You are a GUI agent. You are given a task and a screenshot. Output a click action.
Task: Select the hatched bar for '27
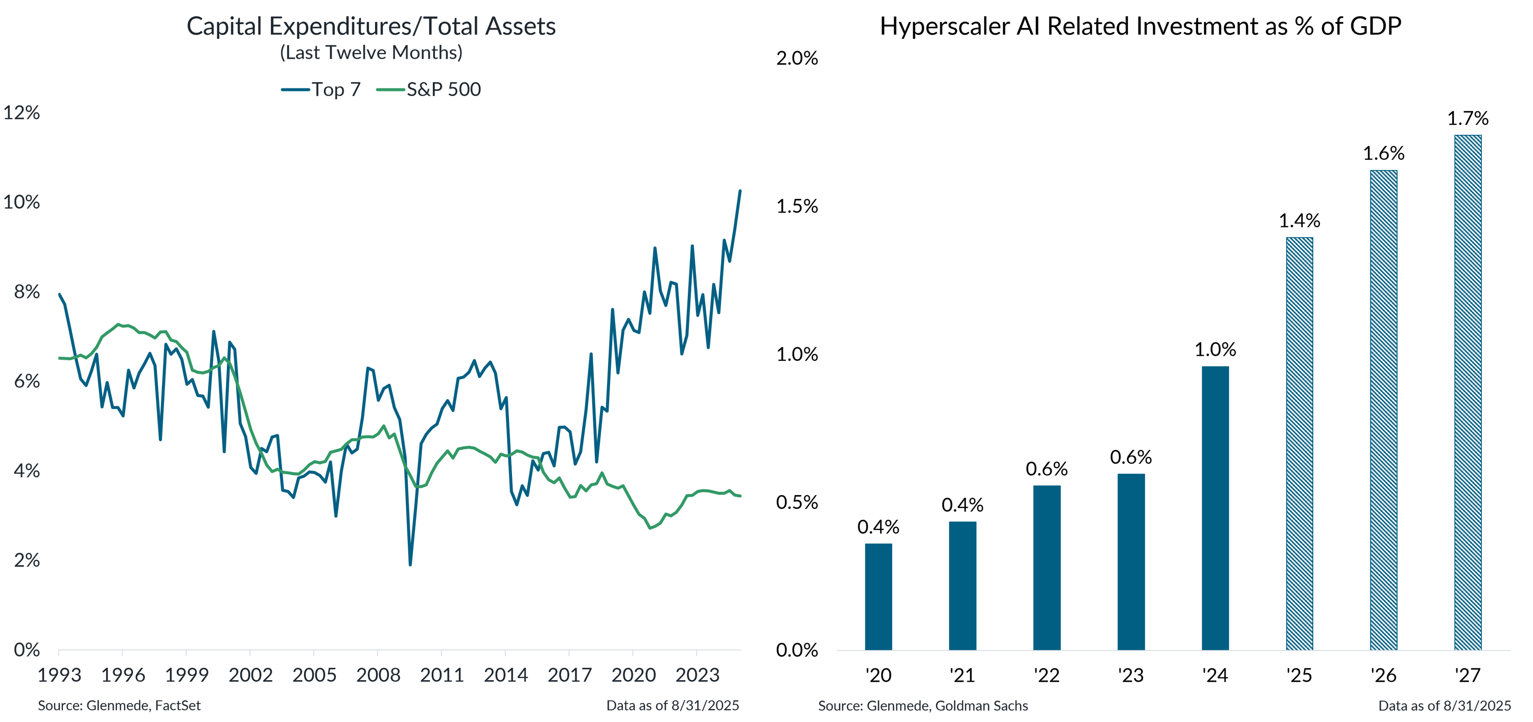coord(1468,393)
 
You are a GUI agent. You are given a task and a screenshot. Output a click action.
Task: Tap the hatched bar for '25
coord(1299,444)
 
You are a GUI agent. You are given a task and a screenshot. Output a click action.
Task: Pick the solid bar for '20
coord(878,596)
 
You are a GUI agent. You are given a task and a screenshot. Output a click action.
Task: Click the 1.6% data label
coord(1384,154)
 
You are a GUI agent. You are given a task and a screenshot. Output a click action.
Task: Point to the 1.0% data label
coord(1215,350)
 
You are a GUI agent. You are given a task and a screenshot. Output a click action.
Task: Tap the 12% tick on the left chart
coord(21,112)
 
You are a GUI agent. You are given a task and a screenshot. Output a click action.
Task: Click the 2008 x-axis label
coord(378,675)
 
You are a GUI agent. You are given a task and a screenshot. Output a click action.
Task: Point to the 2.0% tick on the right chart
coord(796,58)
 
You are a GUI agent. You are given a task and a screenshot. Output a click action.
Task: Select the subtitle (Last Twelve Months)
coord(371,53)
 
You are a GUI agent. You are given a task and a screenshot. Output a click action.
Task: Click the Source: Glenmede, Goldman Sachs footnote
coord(922,706)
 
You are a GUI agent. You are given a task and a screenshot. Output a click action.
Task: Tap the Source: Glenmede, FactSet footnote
coord(119,706)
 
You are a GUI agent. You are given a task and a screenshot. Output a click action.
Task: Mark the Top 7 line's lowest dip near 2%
coord(410,564)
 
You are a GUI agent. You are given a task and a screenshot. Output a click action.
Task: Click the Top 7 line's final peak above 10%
coord(740,191)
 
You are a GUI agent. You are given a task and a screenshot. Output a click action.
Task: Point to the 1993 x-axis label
coord(59,675)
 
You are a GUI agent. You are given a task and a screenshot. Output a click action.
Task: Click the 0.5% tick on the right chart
coord(796,502)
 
